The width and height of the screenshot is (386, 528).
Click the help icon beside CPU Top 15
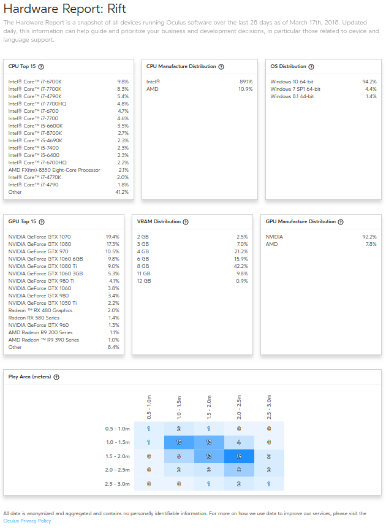[x=41, y=66]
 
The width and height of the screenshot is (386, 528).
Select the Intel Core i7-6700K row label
[x=34, y=82]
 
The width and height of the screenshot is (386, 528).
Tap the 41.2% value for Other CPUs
[x=122, y=192]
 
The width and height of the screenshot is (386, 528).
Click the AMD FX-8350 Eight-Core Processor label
[x=54, y=170]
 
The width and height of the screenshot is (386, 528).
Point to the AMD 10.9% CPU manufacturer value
[x=245, y=89]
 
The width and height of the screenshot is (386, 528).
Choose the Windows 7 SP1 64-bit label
[x=295, y=89]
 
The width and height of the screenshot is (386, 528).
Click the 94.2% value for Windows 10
[x=369, y=82]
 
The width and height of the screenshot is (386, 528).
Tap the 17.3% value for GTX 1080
[x=112, y=244]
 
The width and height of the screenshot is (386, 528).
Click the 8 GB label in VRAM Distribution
[x=143, y=266]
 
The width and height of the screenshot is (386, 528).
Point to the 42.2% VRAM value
[x=241, y=266]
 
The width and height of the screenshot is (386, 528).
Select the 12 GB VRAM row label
[x=144, y=281]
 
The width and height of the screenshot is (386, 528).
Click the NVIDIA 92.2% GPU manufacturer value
[x=369, y=237]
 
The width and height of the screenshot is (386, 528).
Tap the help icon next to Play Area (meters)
[x=56, y=377]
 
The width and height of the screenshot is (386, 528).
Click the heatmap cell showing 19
[x=240, y=456]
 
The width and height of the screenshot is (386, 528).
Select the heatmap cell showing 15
[x=179, y=442]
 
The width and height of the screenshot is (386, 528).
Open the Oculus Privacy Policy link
[x=27, y=521]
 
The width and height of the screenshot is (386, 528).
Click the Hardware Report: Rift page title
[x=56, y=9]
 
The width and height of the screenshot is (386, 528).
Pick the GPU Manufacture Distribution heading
[x=300, y=221]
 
